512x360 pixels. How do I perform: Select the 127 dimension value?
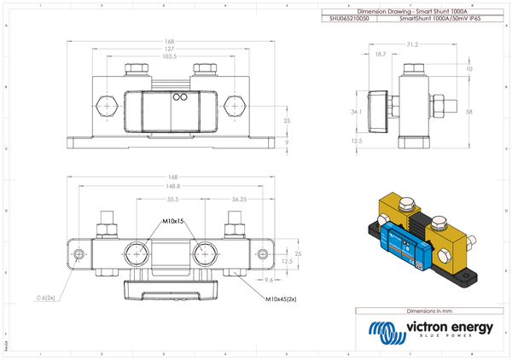[170, 49]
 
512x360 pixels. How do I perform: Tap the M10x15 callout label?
[173, 222]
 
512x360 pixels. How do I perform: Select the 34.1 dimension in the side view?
[356, 112]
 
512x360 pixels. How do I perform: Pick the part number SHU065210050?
[346, 17]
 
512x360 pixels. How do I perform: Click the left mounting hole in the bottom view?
[79, 255]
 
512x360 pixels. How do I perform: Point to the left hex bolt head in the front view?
[104, 107]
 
